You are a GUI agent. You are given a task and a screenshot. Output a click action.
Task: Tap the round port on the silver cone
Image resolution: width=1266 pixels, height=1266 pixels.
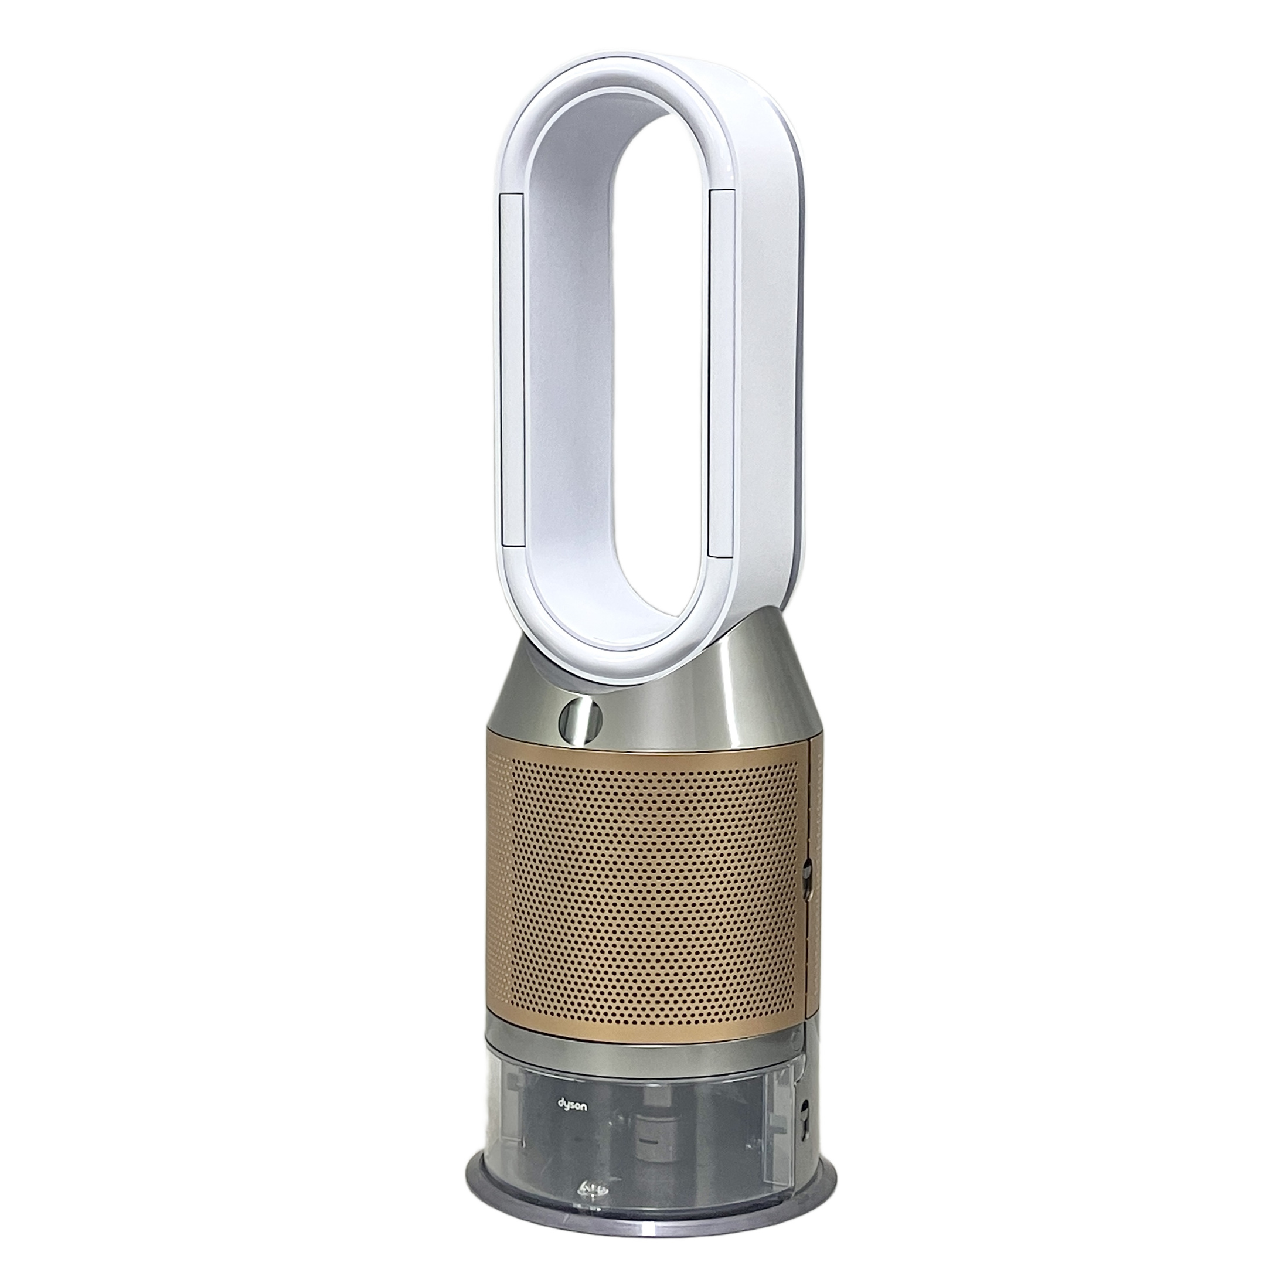(579, 719)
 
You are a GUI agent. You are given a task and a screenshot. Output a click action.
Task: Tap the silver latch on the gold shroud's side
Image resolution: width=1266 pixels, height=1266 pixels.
(806, 873)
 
